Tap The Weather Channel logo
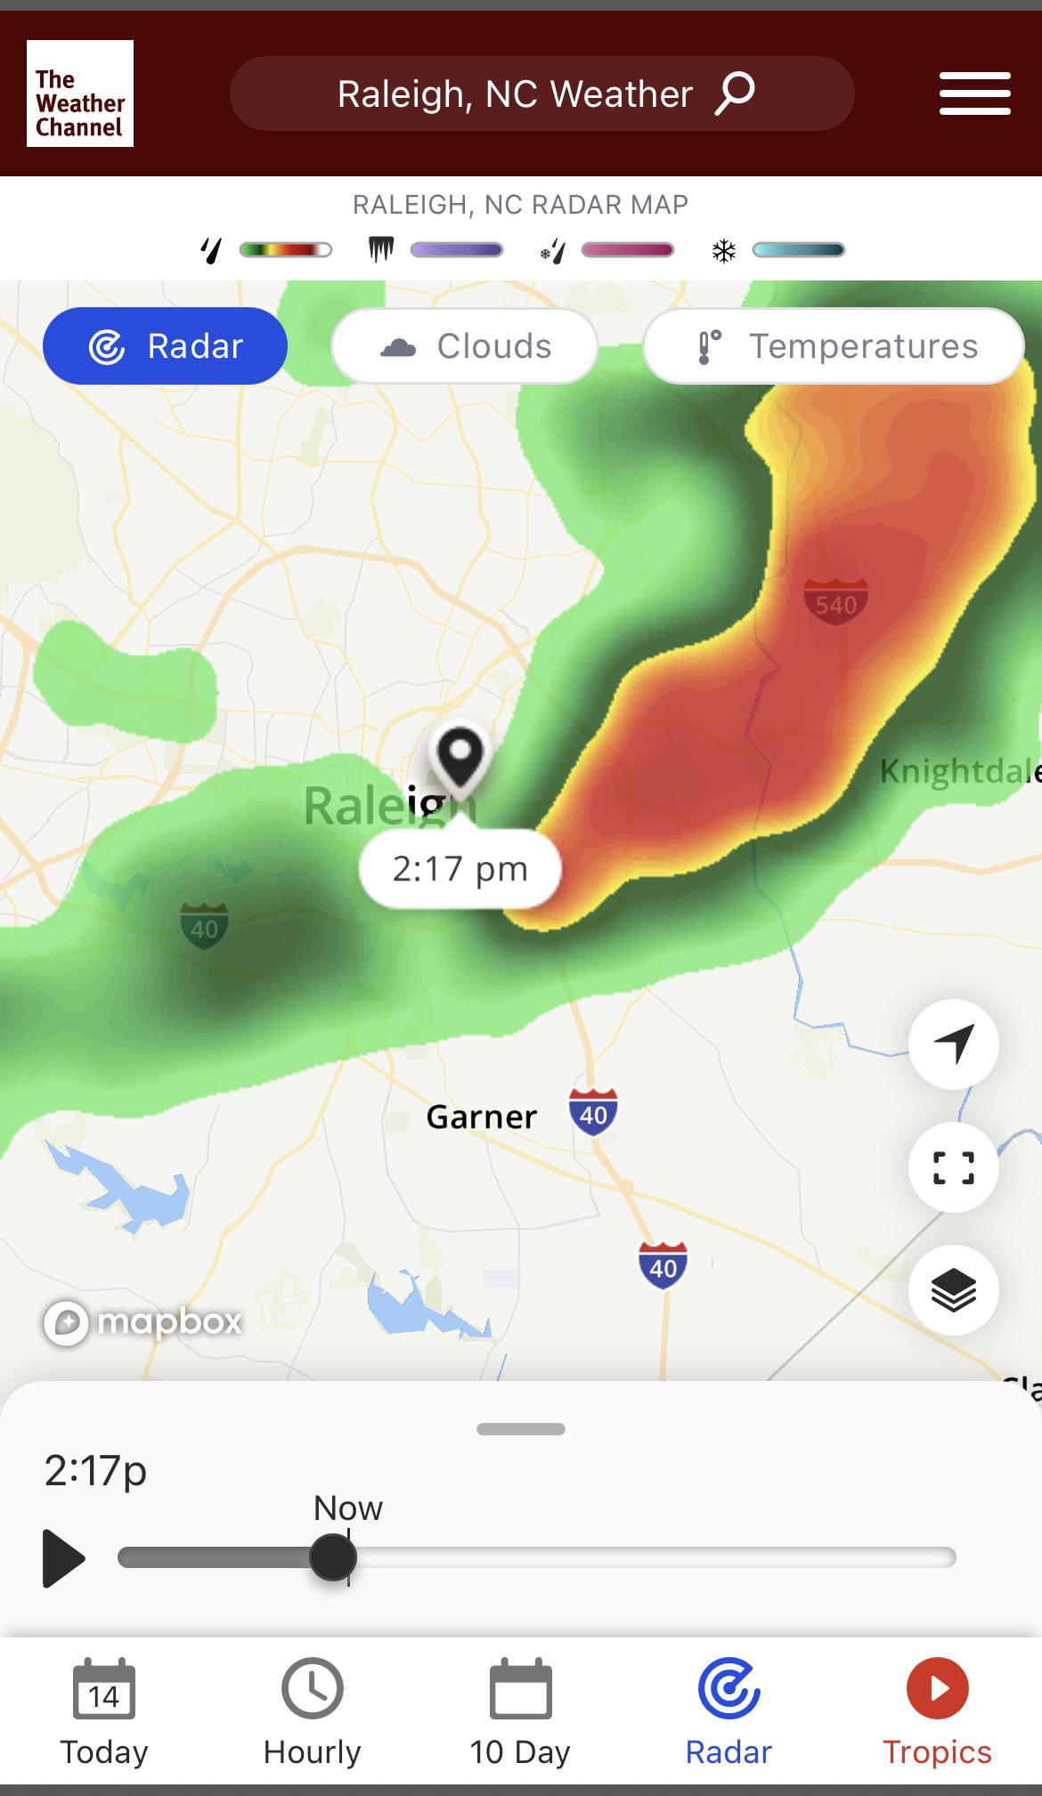(80, 93)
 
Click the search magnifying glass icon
(735, 93)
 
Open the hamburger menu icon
(974, 93)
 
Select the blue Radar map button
(165, 346)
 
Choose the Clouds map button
(464, 346)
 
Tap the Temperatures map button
(833, 346)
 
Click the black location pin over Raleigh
(460, 758)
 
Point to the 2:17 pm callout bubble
(460, 869)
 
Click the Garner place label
(482, 1117)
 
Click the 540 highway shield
(835, 602)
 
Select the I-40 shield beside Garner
(593, 1112)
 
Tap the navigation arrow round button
(953, 1044)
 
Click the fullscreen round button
(953, 1167)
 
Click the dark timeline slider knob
(333, 1557)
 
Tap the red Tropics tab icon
(937, 1688)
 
